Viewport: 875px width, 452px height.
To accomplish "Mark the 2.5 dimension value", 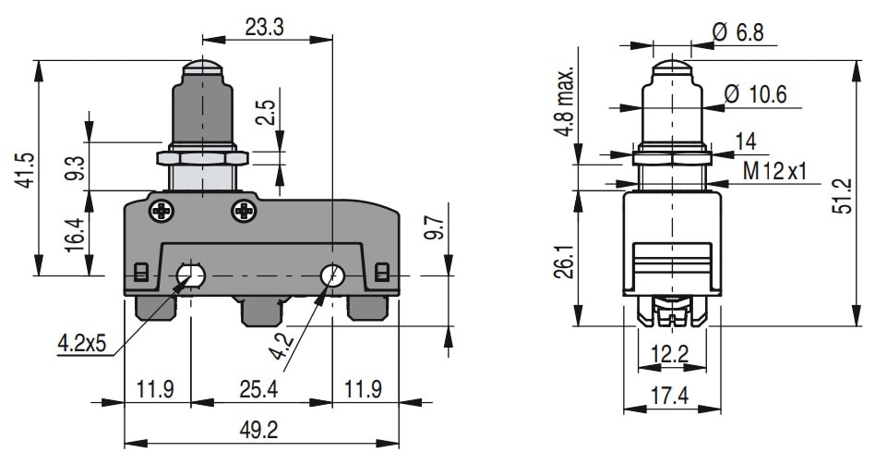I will click(x=265, y=112).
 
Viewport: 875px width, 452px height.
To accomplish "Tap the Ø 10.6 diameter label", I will click(x=755, y=94).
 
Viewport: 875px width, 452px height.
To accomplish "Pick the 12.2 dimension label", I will click(x=669, y=353).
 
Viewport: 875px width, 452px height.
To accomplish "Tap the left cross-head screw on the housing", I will click(x=163, y=211).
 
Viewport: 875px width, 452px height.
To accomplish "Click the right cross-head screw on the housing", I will click(x=244, y=211).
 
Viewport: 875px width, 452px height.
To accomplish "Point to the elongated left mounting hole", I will click(x=192, y=275).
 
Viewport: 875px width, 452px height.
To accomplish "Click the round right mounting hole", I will click(x=332, y=275).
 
